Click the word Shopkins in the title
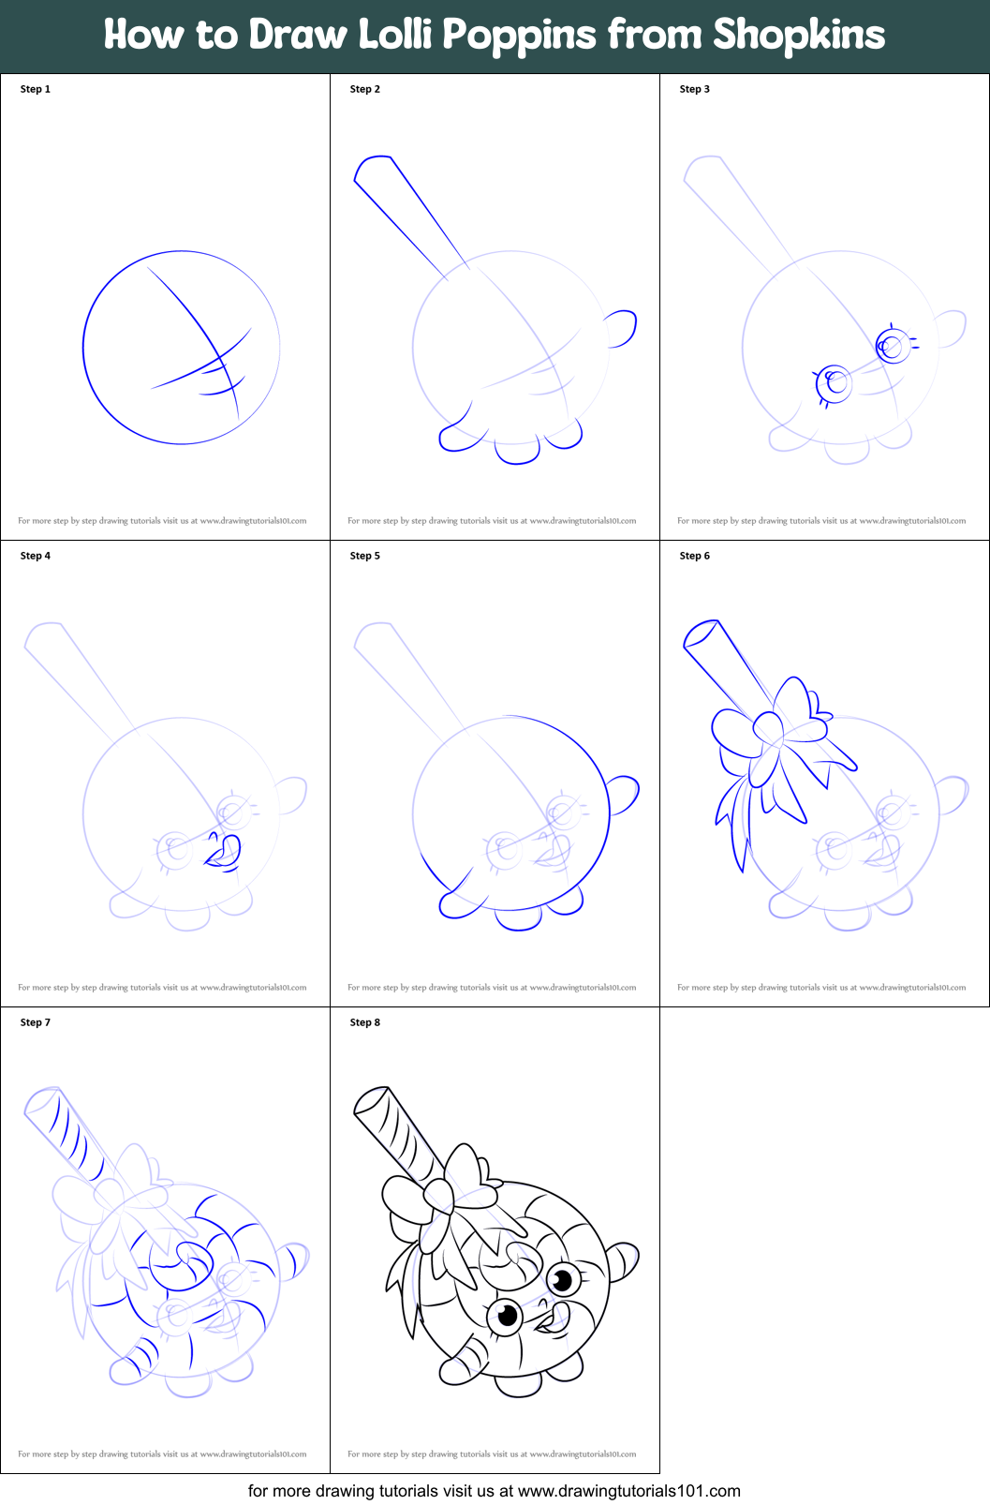point(798,36)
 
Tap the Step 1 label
point(36,89)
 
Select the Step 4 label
point(36,556)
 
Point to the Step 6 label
point(694,556)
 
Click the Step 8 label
point(364,1022)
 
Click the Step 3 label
point(694,89)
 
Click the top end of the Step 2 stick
point(373,166)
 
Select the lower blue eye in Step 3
point(834,382)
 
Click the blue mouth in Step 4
point(225,851)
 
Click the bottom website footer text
point(494,1490)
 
